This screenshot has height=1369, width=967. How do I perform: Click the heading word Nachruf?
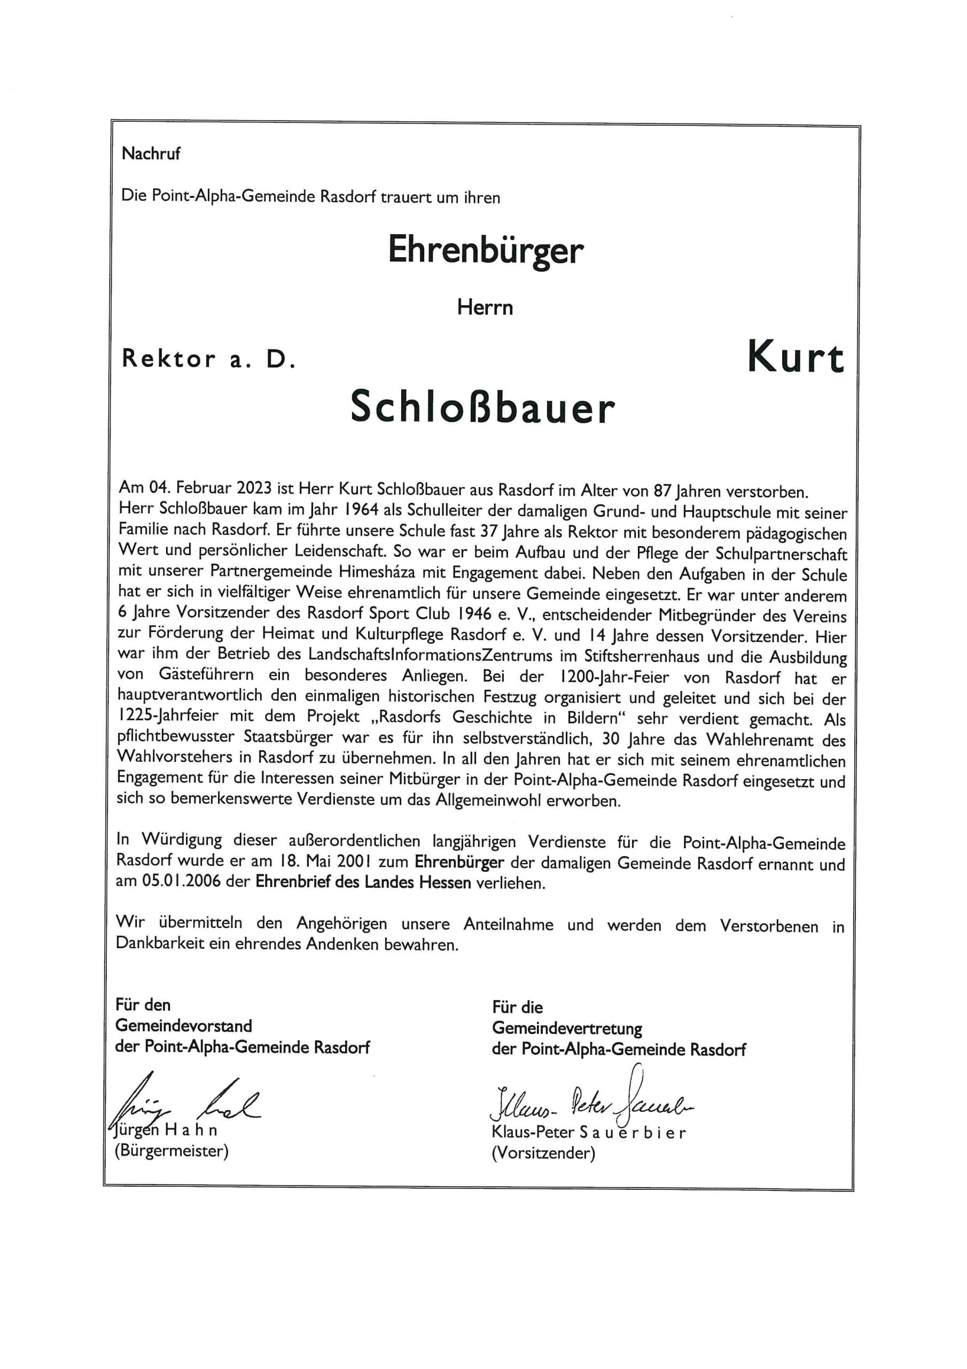(x=150, y=154)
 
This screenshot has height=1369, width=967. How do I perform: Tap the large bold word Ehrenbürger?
(x=485, y=250)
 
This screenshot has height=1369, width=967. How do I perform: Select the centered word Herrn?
(x=485, y=307)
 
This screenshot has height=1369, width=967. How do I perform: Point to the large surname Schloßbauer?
(x=482, y=408)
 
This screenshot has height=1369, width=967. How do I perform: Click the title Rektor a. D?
(x=208, y=359)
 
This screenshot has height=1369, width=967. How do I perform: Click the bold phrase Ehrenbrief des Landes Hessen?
(x=363, y=882)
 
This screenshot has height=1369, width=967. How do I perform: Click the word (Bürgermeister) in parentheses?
(x=171, y=1150)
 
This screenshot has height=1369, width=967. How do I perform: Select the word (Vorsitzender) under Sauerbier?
(x=543, y=1152)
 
